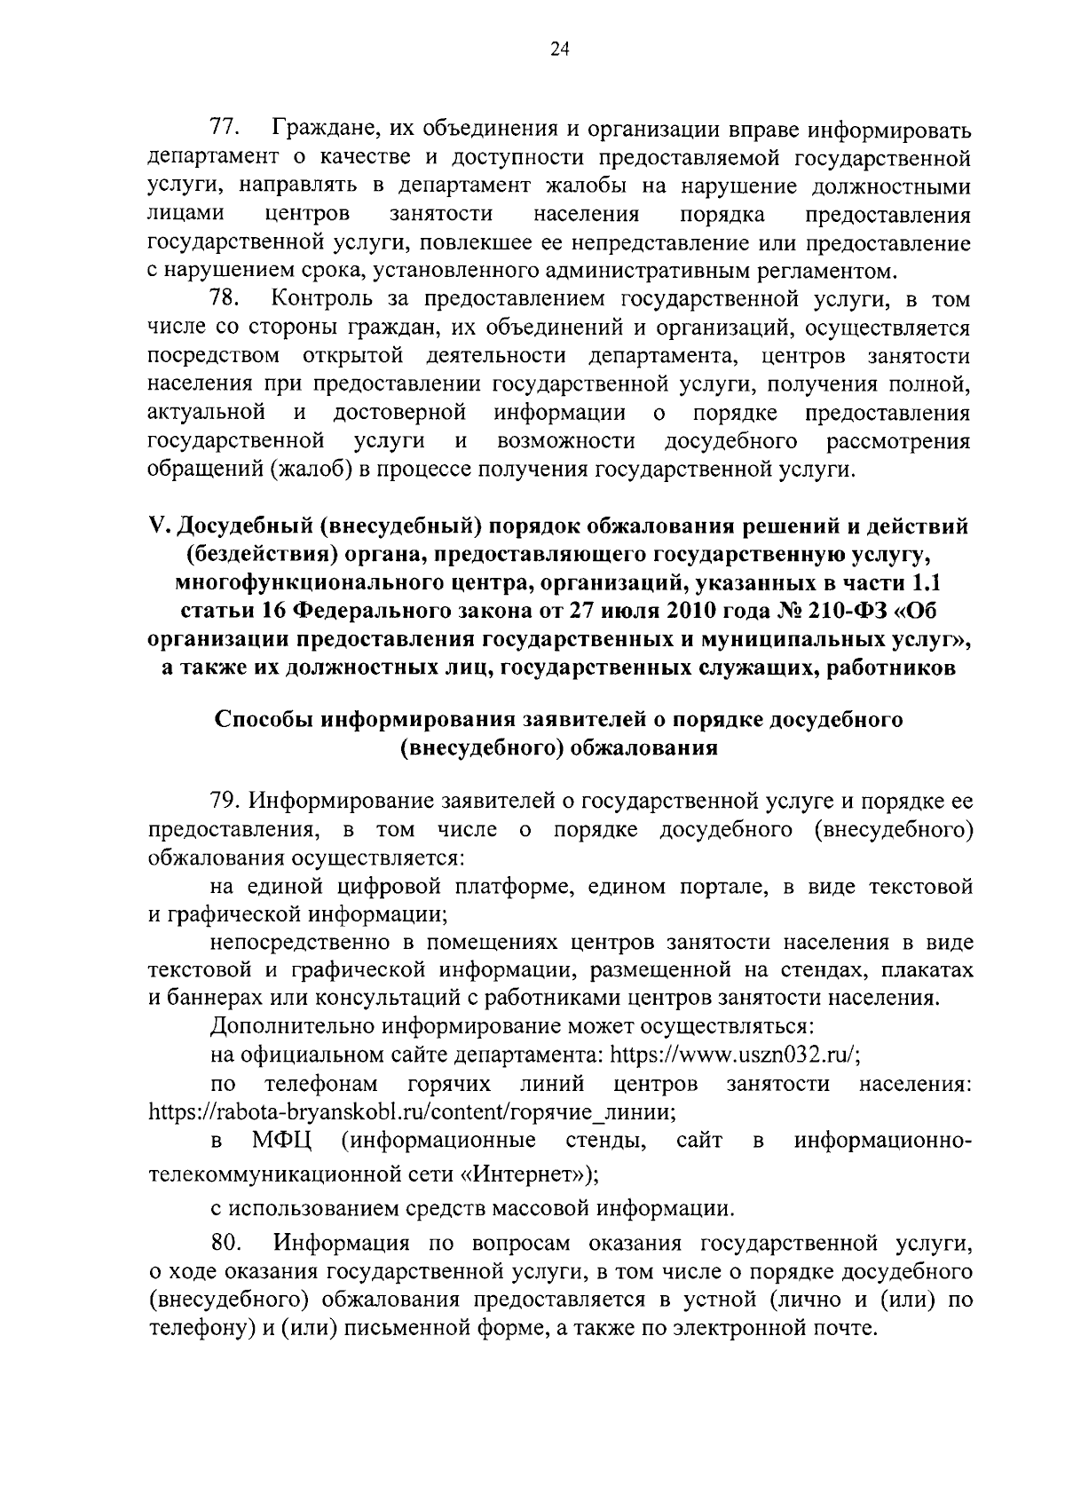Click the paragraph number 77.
224,130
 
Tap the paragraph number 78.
224,298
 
